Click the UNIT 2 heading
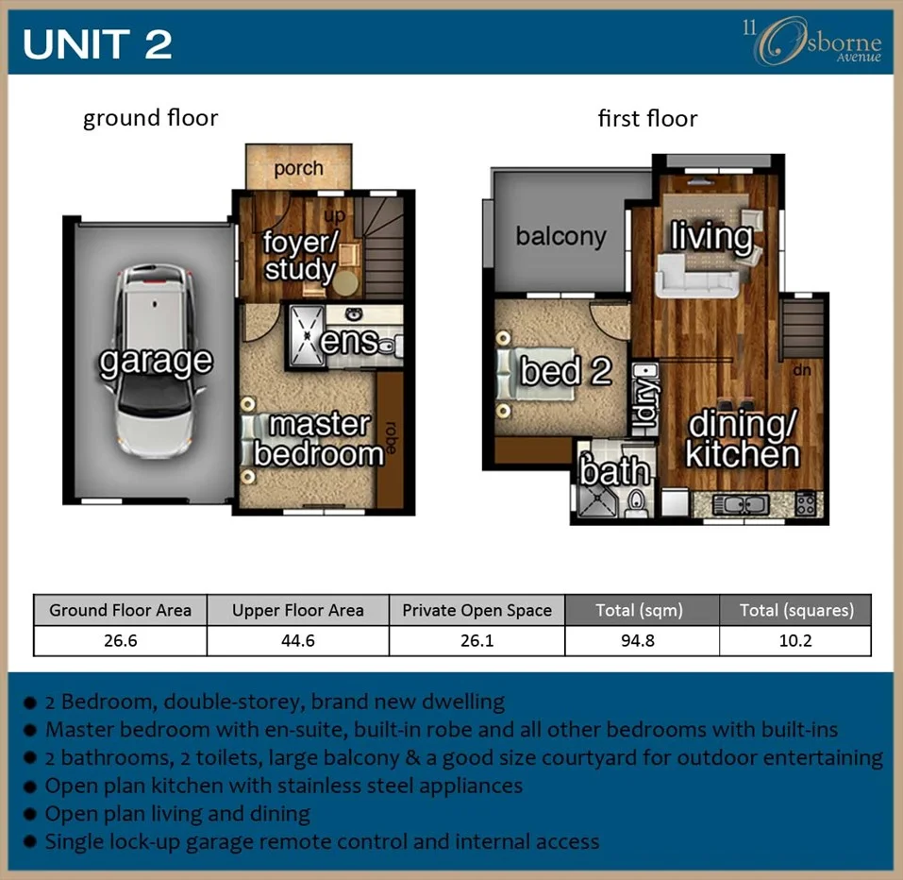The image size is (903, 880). click(x=97, y=44)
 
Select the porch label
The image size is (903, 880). click(x=298, y=169)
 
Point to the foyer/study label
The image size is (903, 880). click(x=299, y=256)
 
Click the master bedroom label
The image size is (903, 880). click(x=319, y=439)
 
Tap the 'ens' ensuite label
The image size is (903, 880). click(x=349, y=341)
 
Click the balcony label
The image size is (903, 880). click(x=560, y=236)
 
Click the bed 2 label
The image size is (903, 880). click(x=565, y=371)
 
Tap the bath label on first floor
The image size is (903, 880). click(x=615, y=470)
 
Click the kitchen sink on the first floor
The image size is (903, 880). click(x=741, y=504)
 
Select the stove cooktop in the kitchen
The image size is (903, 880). click(x=805, y=502)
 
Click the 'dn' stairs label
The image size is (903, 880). click(x=802, y=371)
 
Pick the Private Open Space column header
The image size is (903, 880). click(x=477, y=610)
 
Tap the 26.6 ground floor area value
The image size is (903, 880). click(x=120, y=641)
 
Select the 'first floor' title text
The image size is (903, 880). click(x=647, y=119)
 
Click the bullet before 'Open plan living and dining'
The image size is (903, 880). click(x=31, y=814)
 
